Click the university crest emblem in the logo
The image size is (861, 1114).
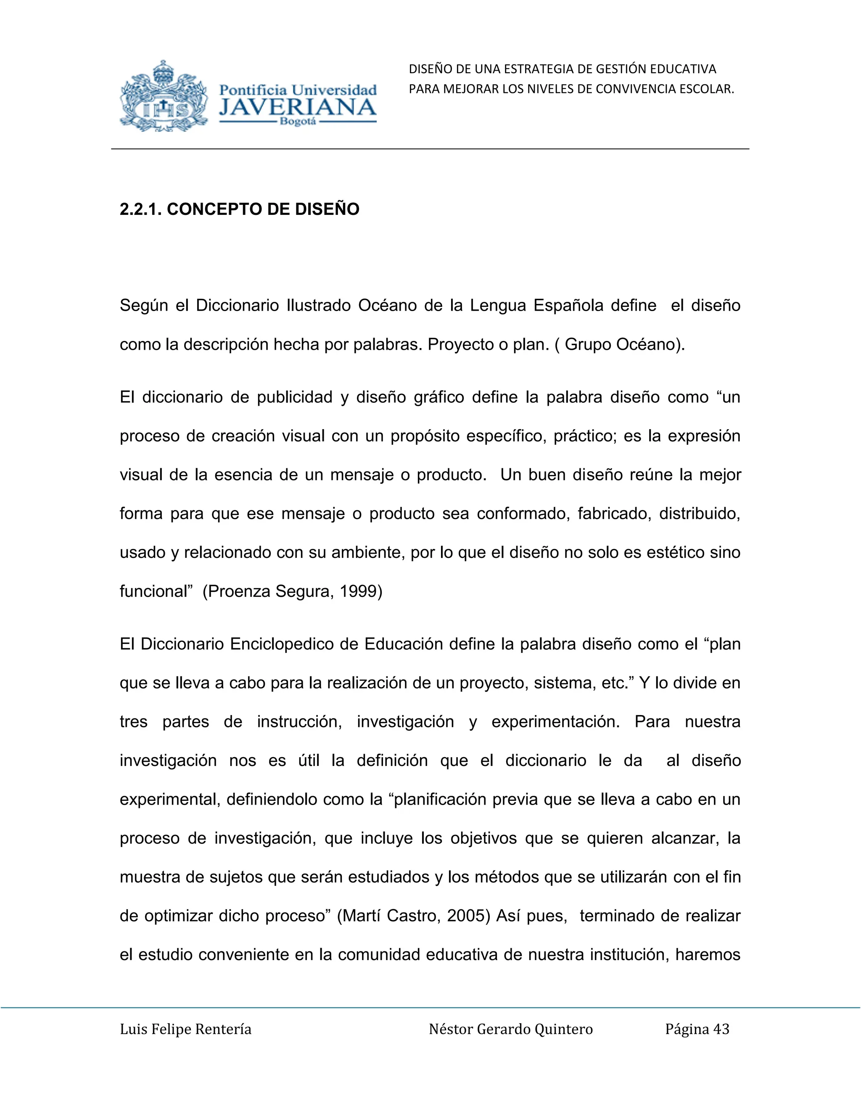tap(164, 96)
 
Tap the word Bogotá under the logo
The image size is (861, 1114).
tap(298, 122)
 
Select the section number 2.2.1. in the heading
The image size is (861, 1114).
tap(140, 209)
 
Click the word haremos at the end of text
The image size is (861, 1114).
tap(708, 954)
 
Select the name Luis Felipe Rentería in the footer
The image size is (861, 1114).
tap(186, 1030)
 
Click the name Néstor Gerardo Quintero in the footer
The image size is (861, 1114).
tap(510, 1030)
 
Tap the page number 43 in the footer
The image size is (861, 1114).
tap(721, 1030)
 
